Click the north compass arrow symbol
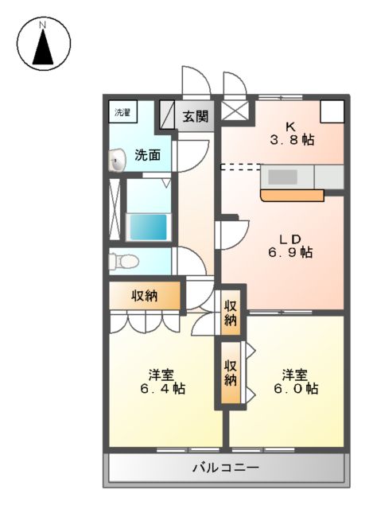43,45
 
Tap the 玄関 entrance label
195,116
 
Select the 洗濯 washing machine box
122,112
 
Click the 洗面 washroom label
147,154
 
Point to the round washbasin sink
116,163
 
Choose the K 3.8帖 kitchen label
292,133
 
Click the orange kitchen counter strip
291,195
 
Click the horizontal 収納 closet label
144,296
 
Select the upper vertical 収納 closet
231,313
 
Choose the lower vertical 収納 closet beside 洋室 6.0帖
231,373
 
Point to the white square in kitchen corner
332,111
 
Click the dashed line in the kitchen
240,167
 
